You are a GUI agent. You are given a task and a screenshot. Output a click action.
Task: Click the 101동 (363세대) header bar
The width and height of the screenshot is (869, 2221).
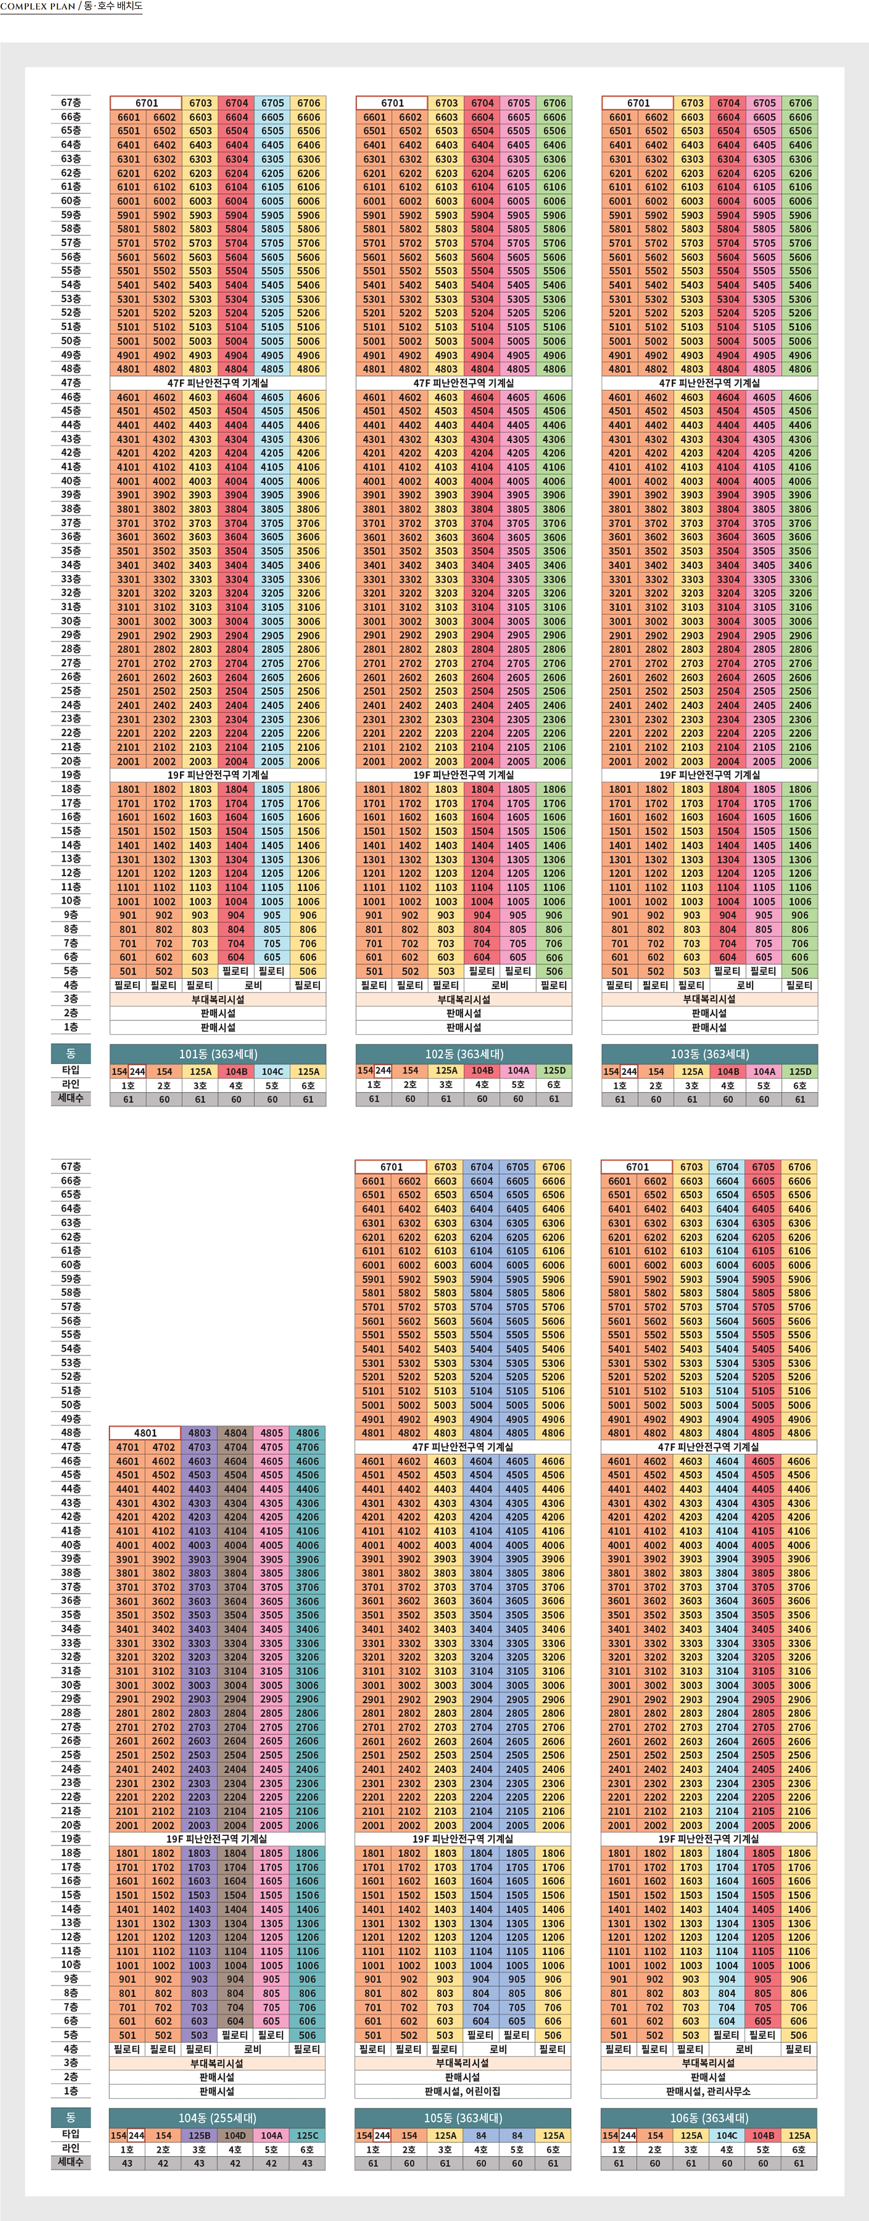(x=218, y=1054)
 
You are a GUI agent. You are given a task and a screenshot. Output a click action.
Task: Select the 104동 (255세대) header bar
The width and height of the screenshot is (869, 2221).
(x=218, y=2117)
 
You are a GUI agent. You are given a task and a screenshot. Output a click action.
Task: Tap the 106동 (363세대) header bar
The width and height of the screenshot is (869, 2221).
(x=709, y=2117)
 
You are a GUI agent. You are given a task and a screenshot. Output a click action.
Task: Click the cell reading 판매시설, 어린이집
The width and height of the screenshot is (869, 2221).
(x=463, y=2091)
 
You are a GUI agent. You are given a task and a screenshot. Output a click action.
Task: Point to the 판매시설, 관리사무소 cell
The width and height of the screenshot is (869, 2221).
(x=709, y=2091)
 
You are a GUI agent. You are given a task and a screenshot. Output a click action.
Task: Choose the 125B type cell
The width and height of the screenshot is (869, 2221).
(x=199, y=2136)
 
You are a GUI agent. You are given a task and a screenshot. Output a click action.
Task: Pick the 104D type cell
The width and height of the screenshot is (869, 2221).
(x=235, y=2136)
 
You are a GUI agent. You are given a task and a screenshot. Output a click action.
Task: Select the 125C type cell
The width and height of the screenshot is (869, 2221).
(x=308, y=2136)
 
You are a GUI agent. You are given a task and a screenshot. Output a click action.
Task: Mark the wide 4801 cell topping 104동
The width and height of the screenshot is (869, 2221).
(x=145, y=1433)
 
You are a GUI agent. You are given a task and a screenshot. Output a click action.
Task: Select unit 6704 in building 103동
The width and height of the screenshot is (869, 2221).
(x=728, y=102)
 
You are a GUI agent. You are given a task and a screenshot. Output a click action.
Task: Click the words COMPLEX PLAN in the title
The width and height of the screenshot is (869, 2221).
(x=38, y=6)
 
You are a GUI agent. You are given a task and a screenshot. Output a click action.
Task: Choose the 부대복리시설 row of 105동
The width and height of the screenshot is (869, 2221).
(x=463, y=2063)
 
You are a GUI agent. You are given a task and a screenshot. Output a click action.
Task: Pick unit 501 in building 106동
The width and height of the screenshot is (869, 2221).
(x=619, y=2035)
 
